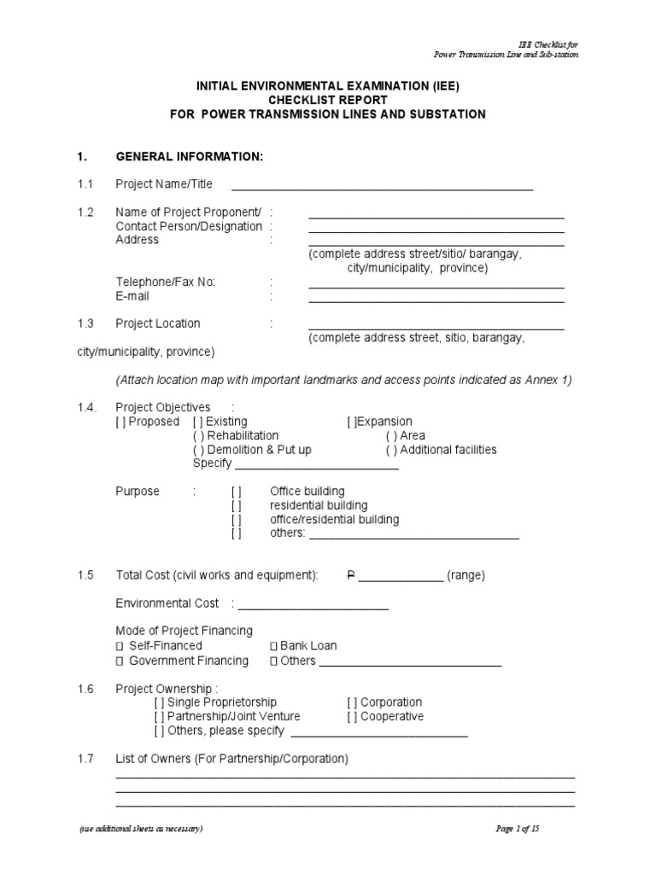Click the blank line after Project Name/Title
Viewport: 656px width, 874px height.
coord(382,187)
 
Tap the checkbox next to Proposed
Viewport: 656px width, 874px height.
coord(121,422)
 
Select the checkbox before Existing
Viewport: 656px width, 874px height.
coord(198,422)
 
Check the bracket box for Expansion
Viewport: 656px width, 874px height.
coord(352,422)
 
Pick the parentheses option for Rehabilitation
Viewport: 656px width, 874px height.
coord(198,435)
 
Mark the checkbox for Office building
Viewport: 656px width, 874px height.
coord(237,492)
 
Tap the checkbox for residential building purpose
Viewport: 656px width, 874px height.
coord(237,505)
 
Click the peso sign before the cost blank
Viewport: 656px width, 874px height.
coord(350,575)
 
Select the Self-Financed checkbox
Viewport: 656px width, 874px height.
coord(120,646)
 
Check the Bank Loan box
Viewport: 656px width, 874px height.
coord(273,646)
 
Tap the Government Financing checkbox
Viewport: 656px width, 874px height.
coord(120,661)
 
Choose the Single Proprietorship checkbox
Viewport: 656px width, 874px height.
coord(160,702)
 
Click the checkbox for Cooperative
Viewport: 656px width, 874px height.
coord(352,717)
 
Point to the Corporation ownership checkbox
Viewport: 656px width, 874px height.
coord(352,702)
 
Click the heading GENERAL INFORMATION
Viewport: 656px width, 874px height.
coord(189,157)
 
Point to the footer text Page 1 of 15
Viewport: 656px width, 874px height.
coord(518,829)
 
